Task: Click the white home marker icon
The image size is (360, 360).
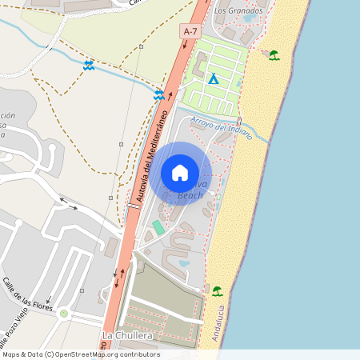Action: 180,172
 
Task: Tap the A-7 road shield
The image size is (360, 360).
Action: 190,30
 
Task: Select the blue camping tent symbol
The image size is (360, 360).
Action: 213,79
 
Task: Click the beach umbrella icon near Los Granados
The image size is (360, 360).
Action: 274,55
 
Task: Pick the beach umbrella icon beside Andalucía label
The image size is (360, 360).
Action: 217,290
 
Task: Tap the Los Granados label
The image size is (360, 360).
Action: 239,11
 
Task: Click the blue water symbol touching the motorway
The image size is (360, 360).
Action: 160,94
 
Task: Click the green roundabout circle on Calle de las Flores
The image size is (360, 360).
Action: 63,313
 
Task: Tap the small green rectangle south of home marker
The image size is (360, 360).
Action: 158,227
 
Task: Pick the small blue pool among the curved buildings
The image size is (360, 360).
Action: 185,263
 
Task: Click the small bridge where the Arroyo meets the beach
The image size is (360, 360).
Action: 246,132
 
